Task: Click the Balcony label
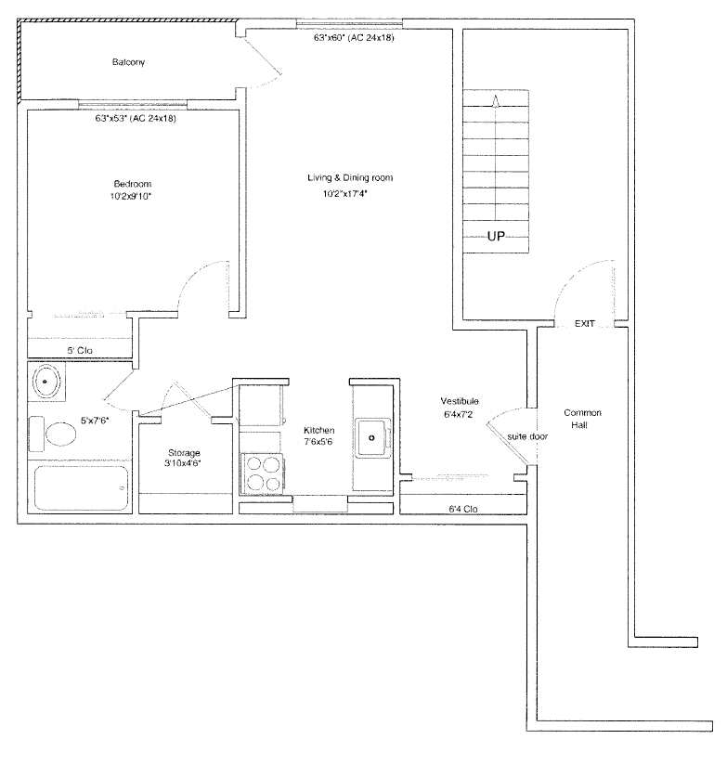[x=128, y=62]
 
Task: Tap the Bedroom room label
[x=133, y=184]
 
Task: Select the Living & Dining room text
[x=350, y=177]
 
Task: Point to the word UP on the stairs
[x=496, y=236]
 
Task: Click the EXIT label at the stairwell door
[x=585, y=323]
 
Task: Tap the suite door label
[x=527, y=436]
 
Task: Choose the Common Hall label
[x=582, y=419]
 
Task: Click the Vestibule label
[x=460, y=401]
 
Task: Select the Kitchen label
[x=319, y=430]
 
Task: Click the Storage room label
[x=184, y=452]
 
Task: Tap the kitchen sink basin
[x=371, y=437]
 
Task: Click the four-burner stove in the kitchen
[x=262, y=473]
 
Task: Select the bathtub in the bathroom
[x=81, y=488]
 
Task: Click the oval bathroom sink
[x=46, y=382]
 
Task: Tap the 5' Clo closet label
[x=80, y=350]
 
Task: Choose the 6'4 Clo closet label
[x=463, y=509]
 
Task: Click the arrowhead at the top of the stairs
[x=495, y=100]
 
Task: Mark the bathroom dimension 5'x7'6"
[x=95, y=421]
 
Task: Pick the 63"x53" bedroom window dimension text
[x=136, y=119]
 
